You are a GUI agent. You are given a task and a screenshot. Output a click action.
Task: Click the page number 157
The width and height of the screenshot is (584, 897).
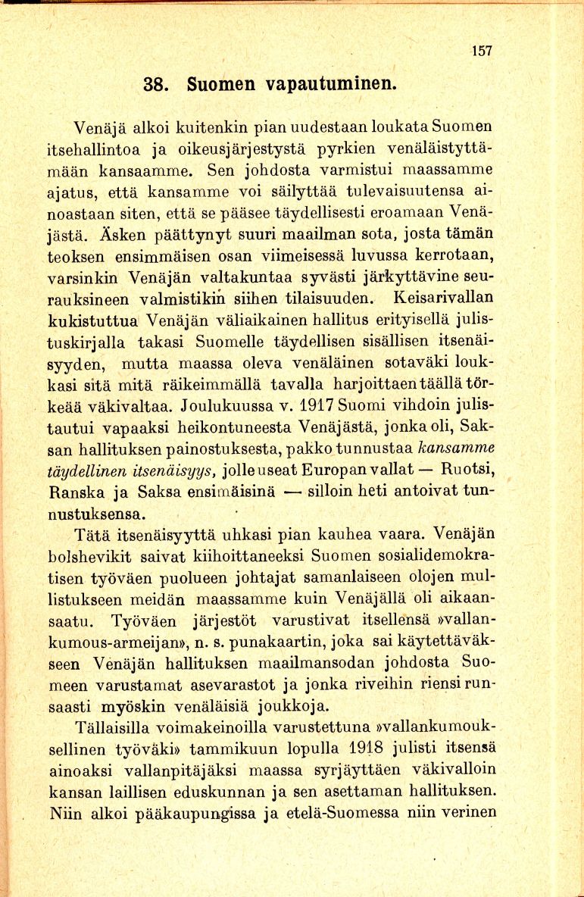click(x=482, y=52)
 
